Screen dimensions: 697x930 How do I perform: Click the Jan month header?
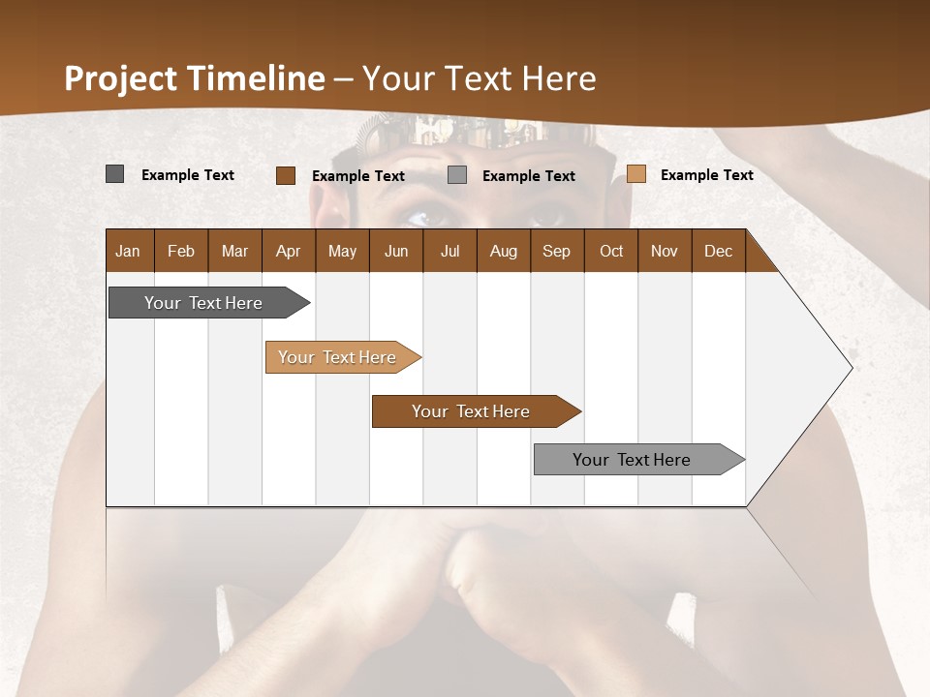tap(129, 251)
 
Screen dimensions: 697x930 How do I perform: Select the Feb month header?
tap(181, 251)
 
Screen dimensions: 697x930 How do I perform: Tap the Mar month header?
tap(234, 251)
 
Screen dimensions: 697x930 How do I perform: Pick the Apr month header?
tap(289, 251)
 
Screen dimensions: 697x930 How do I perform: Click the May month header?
tap(342, 251)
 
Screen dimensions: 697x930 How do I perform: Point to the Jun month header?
tap(396, 251)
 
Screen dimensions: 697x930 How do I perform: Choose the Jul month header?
tap(449, 251)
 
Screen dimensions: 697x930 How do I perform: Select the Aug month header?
tap(504, 251)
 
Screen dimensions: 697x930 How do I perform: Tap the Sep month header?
tap(557, 251)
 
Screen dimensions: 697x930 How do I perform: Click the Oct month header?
tap(611, 251)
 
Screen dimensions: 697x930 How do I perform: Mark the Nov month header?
tap(665, 251)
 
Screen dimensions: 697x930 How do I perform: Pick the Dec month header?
tap(719, 251)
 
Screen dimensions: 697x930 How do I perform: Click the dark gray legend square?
tap(115, 174)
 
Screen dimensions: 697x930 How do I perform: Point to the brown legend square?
tap(286, 175)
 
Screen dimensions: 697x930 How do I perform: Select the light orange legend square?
tap(635, 174)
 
